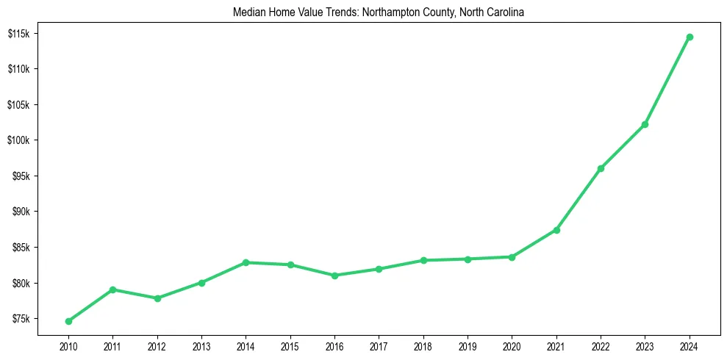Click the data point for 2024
(690, 37)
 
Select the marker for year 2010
(68, 321)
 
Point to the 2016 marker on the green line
(334, 276)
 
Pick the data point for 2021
(556, 230)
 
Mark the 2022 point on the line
(601, 168)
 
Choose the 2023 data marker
(645, 124)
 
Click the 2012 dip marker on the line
(157, 298)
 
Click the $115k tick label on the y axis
(18, 34)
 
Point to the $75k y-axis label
(19, 320)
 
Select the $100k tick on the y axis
(18, 141)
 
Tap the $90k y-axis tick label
(19, 212)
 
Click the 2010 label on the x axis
(68, 345)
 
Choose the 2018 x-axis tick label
(423, 345)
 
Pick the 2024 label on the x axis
(690, 345)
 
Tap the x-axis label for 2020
(512, 345)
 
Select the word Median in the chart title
(248, 12)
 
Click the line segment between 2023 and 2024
(667, 80)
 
